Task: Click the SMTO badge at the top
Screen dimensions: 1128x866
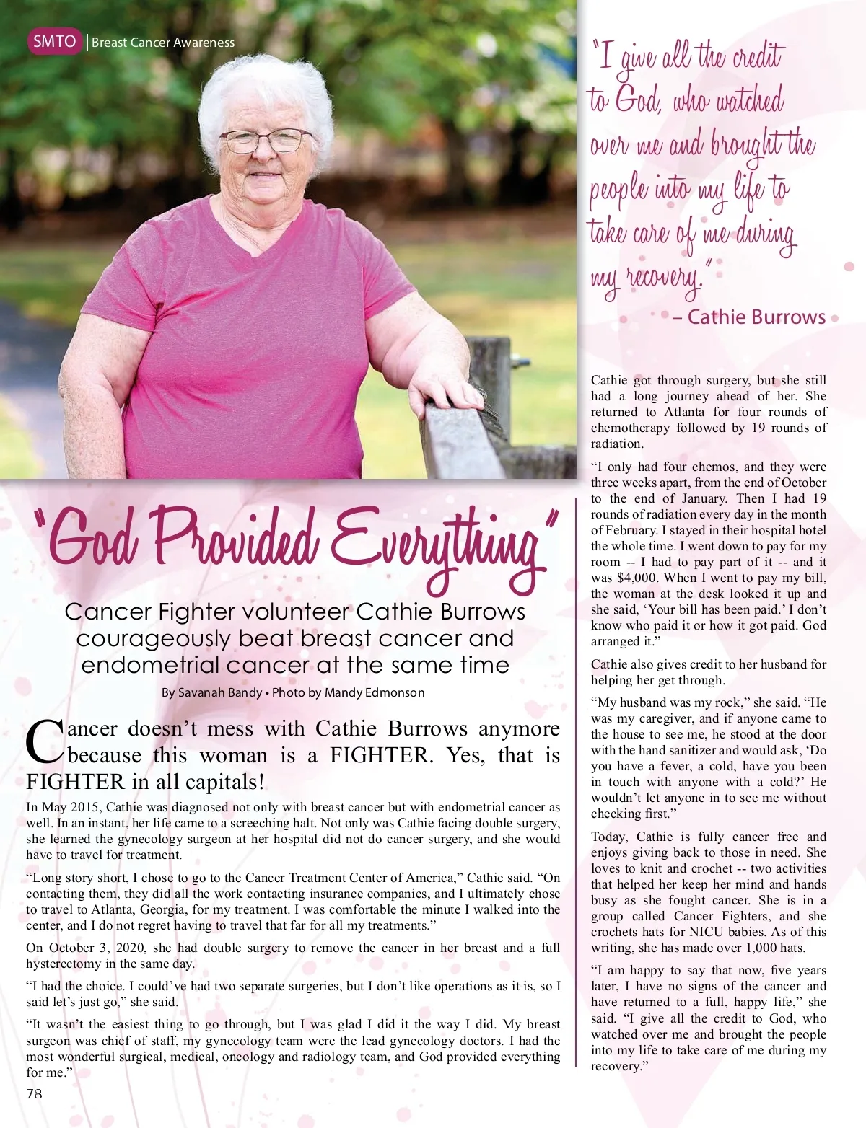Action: (54, 41)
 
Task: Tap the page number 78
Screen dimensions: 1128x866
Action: (34, 1093)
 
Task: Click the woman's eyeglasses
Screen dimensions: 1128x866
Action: (265, 140)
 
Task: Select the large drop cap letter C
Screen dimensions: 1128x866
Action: (45, 742)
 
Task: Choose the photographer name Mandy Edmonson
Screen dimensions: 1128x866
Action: (375, 692)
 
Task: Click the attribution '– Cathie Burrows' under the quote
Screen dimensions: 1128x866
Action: (748, 317)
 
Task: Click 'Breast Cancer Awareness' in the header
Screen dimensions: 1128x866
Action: (163, 43)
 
